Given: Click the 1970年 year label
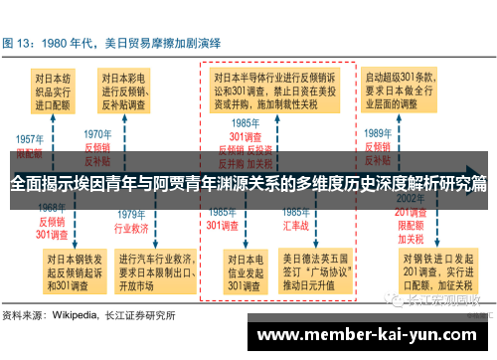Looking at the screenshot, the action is (x=96, y=133).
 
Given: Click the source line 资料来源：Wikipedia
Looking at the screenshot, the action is (x=88, y=315).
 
